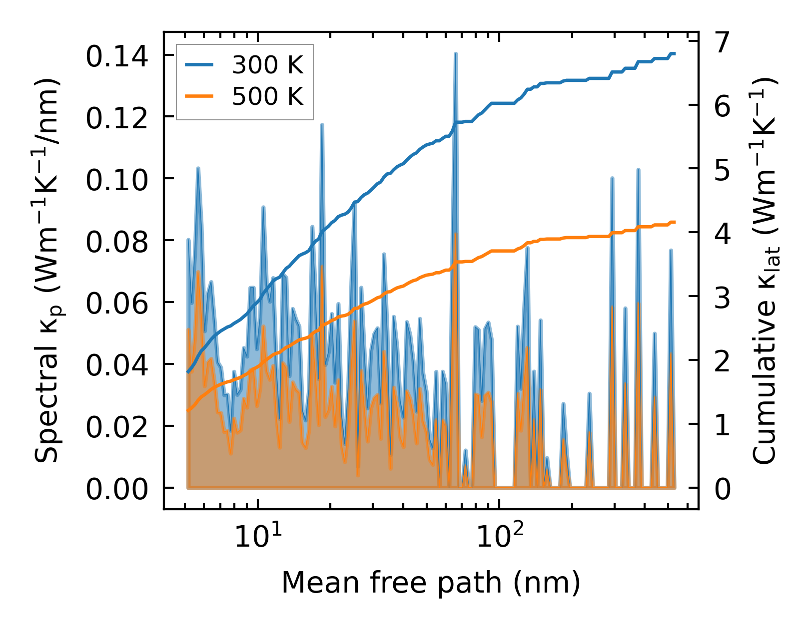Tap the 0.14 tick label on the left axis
pyautogui.click(x=117, y=56)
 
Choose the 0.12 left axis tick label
pyautogui.click(x=117, y=118)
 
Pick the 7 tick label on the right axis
pyautogui.click(x=723, y=43)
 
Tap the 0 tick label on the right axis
pyautogui.click(x=723, y=489)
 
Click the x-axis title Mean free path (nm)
pyautogui.click(x=431, y=583)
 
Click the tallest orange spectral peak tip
pyautogui.click(x=455, y=234)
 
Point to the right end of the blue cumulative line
pyautogui.click(x=675, y=53)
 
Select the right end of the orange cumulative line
pyautogui.click(x=675, y=222)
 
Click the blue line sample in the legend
pyautogui.click(x=199, y=65)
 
